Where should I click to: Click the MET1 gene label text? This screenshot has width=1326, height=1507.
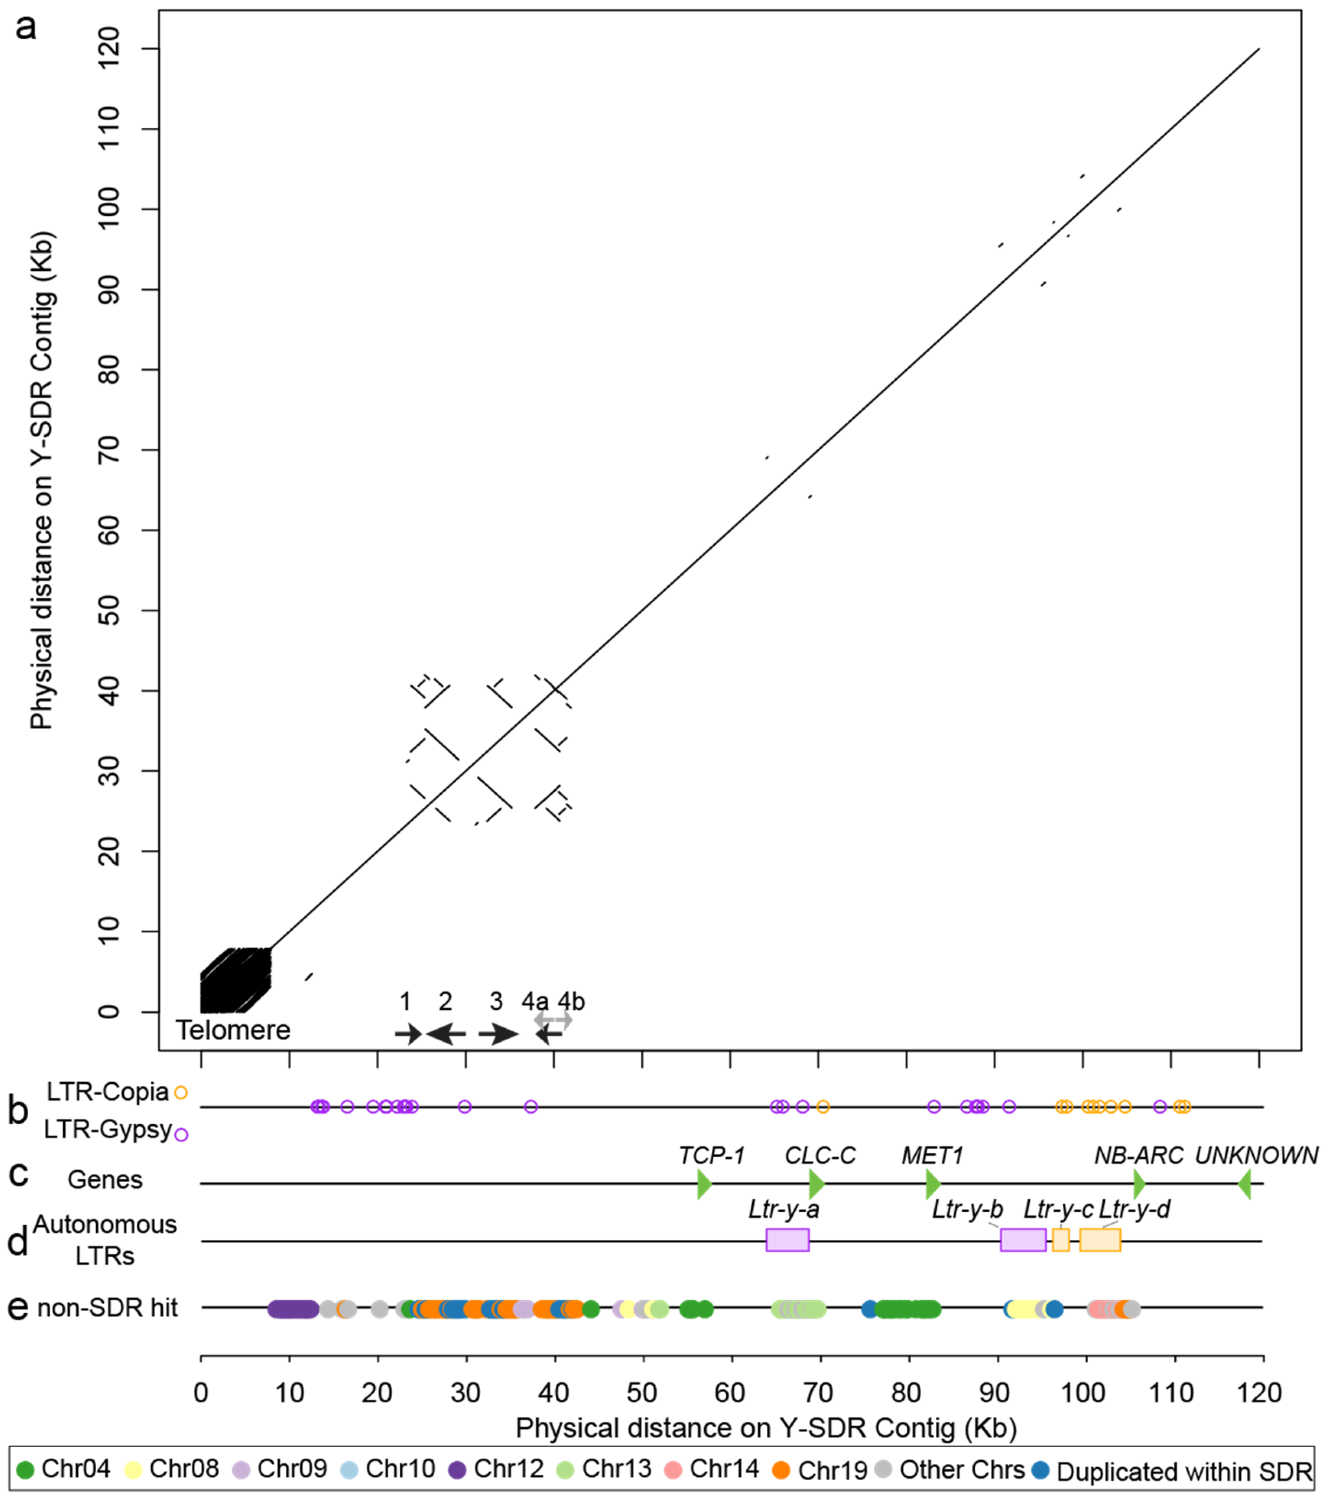coord(932,1155)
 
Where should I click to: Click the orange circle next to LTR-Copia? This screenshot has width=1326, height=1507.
coord(181,1092)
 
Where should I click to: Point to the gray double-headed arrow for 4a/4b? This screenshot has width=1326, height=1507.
coord(553,1020)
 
